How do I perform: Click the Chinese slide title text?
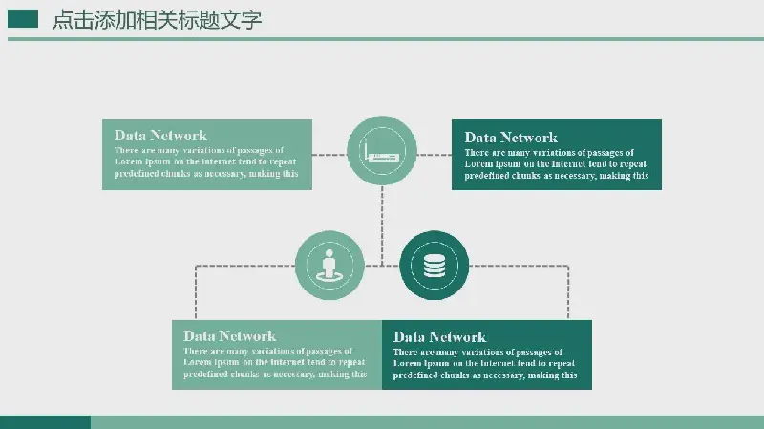(157, 20)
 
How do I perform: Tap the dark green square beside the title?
(23, 19)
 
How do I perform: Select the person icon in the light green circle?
(329, 267)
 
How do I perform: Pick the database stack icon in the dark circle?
(435, 266)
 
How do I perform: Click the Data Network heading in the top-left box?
(160, 135)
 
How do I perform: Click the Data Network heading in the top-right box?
(511, 137)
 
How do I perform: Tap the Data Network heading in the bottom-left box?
(230, 336)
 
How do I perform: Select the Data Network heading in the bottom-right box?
(439, 337)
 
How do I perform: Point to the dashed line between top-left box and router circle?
(329, 155)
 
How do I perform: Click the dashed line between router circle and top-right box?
(435, 155)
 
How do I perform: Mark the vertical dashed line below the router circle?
(382, 225)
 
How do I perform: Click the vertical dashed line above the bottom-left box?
(196, 292)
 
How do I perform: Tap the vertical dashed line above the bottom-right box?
(568, 292)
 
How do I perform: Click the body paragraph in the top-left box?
(206, 161)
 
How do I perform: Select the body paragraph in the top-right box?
(557, 163)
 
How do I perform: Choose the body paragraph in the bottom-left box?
(275, 363)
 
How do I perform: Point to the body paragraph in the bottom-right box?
(485, 364)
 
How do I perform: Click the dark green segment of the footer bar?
(45, 422)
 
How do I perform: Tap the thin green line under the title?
(386, 39)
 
